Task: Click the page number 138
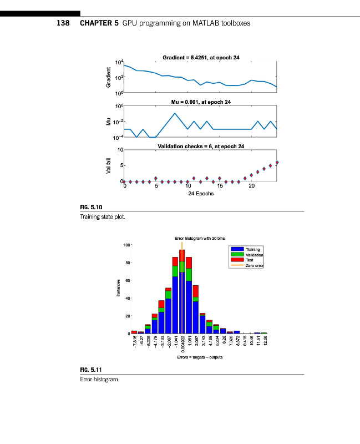[x=64, y=24]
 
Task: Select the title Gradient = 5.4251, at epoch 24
[x=201, y=57]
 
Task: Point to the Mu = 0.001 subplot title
[x=201, y=102]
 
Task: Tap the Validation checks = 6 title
[x=201, y=146]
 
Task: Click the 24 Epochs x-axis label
[x=201, y=194]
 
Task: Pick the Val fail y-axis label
[x=109, y=165]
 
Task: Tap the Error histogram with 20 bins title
[x=200, y=238]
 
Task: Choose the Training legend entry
[x=252, y=250]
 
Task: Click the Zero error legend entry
[x=254, y=266]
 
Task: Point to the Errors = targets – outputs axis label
[x=200, y=357]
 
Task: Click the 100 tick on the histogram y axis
[x=126, y=245]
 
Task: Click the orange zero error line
[x=182, y=289]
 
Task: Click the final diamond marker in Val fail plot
[x=277, y=162]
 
